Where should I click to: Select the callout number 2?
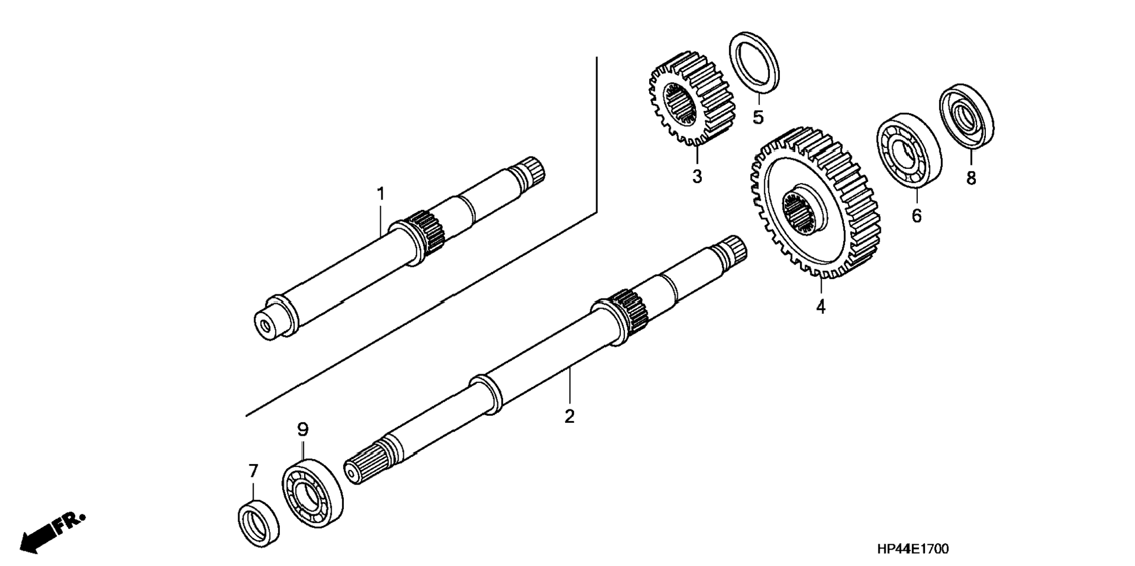pos(569,416)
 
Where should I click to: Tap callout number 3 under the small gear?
pos(697,176)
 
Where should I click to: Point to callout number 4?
pos(820,306)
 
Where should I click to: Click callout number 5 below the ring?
pos(758,117)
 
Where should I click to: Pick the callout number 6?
pos(916,215)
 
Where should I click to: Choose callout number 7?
pos(253,470)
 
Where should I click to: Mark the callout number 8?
pos(971,178)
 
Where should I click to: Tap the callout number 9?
pos(302,430)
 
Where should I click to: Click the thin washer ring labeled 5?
pos(754,62)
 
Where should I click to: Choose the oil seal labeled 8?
pos(966,116)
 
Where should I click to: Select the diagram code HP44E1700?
pos(913,549)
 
